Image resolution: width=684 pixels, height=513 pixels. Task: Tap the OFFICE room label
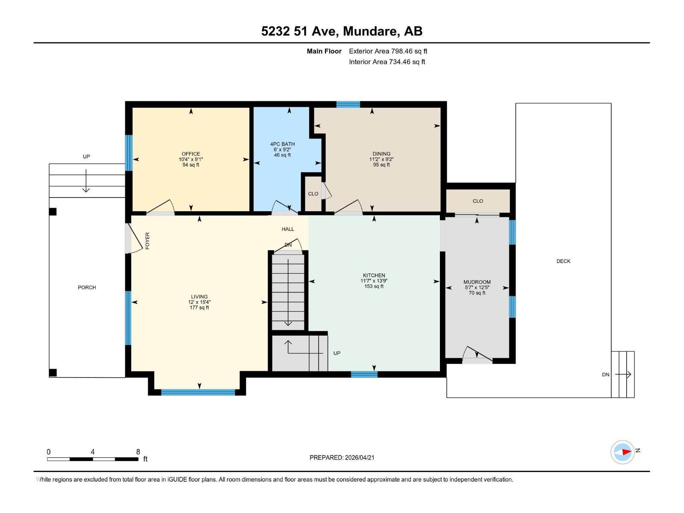point(191,154)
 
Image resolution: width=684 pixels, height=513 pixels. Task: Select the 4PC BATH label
point(282,144)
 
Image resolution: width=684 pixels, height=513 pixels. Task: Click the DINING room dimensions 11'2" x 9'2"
point(381,159)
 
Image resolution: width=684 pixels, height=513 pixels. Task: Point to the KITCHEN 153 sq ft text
point(374,286)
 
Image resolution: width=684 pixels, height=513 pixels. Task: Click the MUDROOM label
point(477,282)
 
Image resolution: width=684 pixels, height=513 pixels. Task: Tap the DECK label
point(563,261)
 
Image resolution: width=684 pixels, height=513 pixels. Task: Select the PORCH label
point(87,288)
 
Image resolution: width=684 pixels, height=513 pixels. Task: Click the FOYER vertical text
point(147,241)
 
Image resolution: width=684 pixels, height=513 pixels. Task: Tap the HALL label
point(288,229)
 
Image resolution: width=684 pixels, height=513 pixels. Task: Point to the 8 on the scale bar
point(138,452)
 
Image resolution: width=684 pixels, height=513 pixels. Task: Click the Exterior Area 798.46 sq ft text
point(388,51)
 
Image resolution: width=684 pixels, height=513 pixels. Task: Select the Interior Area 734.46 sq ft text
point(387,62)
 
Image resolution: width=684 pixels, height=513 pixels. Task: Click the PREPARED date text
point(342,457)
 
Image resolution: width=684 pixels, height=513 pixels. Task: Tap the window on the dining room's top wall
point(348,104)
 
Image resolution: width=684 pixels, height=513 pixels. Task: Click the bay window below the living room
point(198,392)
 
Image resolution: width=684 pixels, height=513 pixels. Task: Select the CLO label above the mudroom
point(478,201)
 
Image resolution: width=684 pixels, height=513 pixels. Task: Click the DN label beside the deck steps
point(605,374)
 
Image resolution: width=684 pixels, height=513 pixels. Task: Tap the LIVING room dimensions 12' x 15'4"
point(199,302)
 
